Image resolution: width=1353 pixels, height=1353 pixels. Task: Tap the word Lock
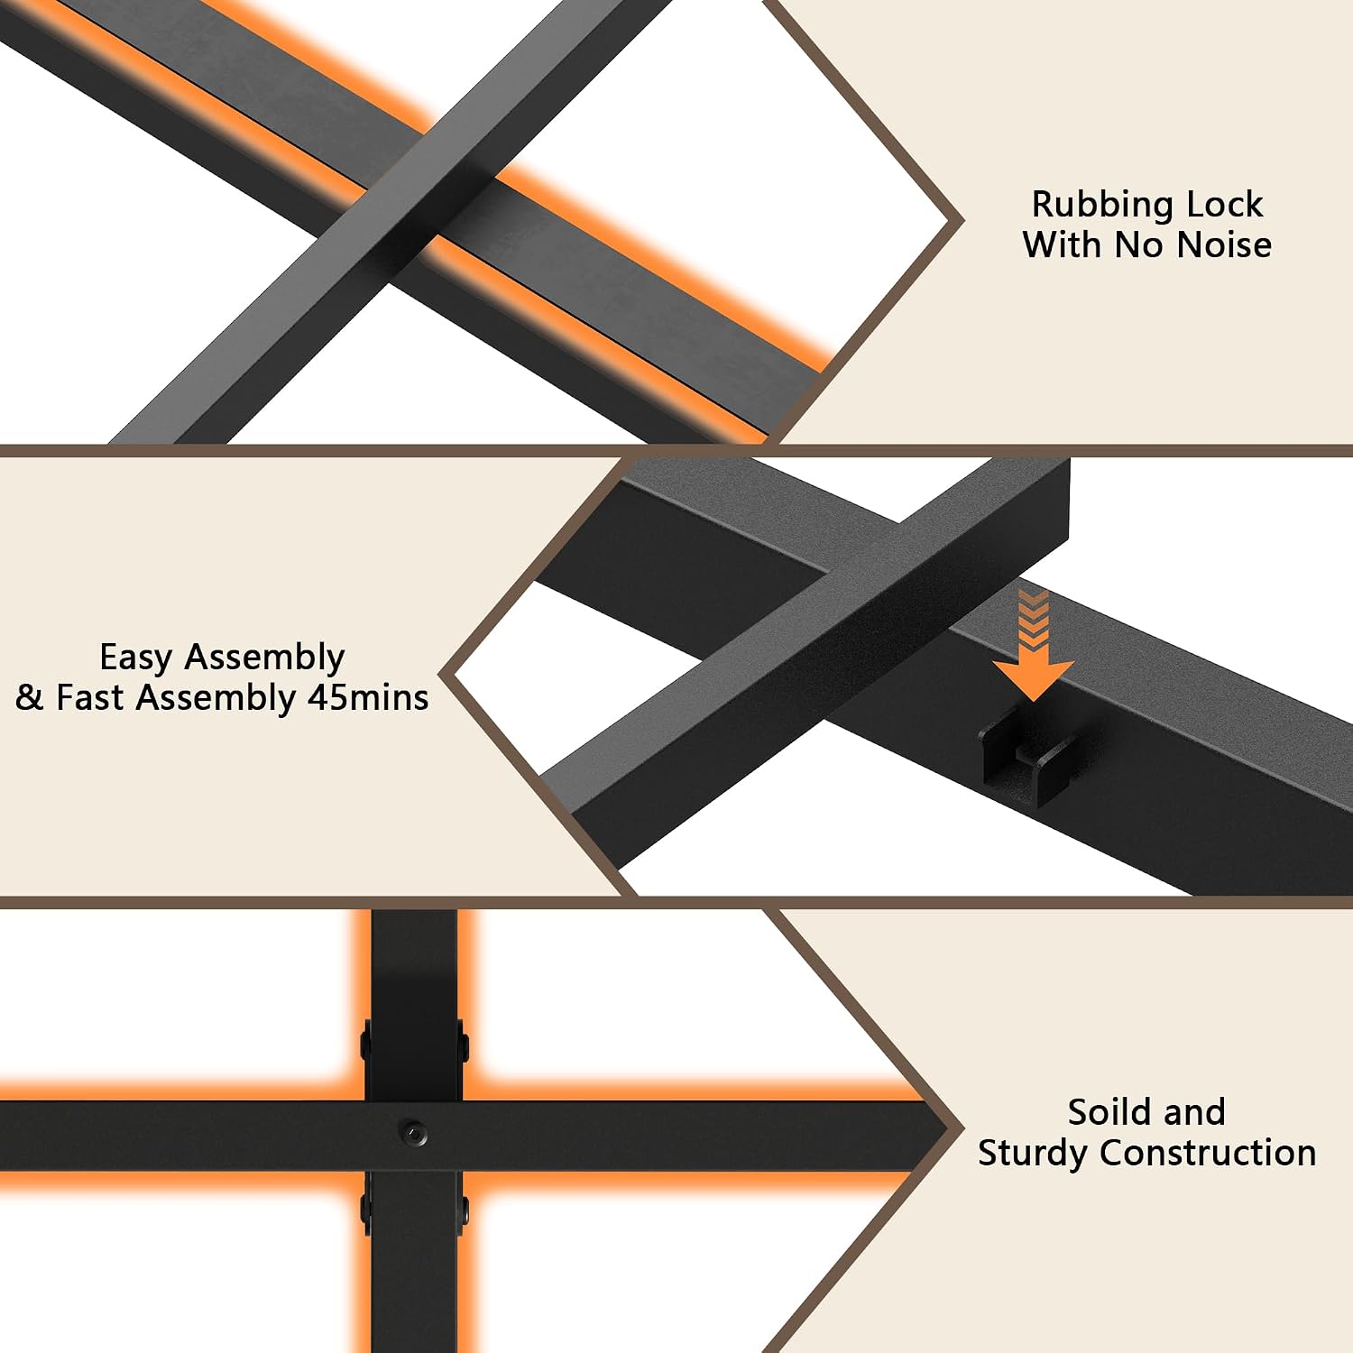1225,205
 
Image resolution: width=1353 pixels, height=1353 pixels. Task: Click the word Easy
136,658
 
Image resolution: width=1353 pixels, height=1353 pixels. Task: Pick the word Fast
91,697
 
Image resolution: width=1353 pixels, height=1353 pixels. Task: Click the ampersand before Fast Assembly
29,697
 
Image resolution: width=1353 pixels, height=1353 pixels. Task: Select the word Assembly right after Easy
264,658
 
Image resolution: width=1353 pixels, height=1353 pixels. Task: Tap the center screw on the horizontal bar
413,1132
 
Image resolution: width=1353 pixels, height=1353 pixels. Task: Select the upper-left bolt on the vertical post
365,1044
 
